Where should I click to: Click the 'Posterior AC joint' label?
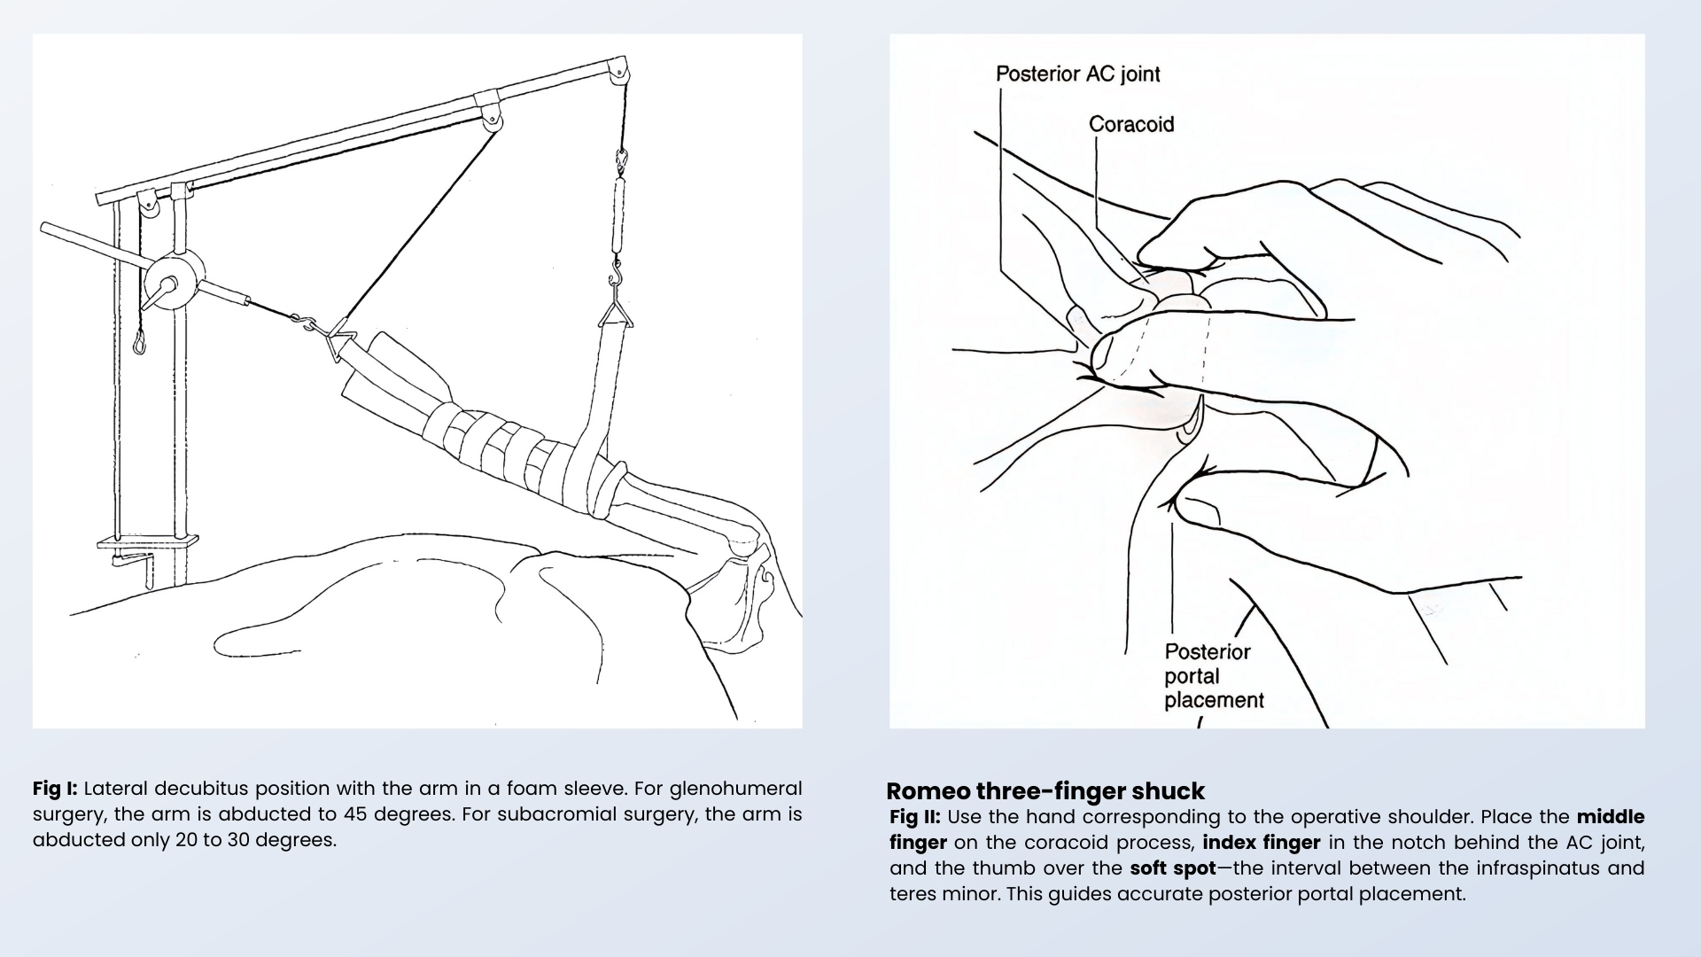1077,74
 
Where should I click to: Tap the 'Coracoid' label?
1131,124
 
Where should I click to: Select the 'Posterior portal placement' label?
1213,676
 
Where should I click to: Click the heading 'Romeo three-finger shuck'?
1045,790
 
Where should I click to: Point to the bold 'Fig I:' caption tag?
55,789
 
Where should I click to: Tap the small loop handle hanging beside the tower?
139,340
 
